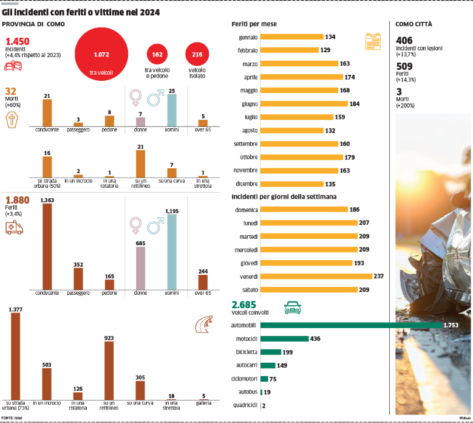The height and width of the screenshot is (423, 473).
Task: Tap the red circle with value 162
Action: [x=157, y=55]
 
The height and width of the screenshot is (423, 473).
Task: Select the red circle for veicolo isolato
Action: [x=197, y=55]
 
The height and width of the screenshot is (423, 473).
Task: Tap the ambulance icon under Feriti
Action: [x=13, y=228]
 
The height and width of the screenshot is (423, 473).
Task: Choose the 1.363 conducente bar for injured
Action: [x=47, y=246]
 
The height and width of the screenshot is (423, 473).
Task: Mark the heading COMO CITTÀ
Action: [x=414, y=24]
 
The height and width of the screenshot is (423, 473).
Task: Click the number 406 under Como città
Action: [x=404, y=41]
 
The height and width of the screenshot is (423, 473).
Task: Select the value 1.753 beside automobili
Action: [x=451, y=326]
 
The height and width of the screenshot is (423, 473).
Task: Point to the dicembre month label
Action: [x=247, y=184]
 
